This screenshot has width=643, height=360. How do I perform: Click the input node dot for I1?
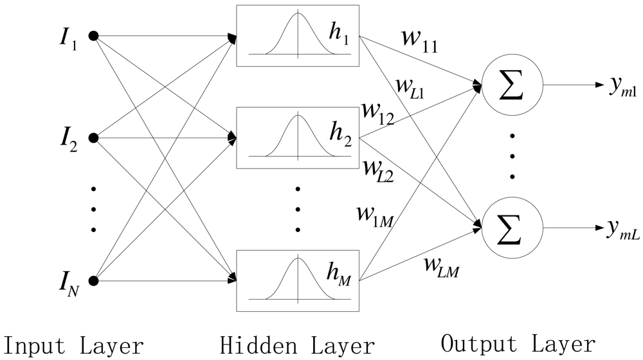[x=93, y=36]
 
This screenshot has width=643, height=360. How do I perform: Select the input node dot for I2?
[x=93, y=138]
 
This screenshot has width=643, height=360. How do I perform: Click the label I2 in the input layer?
[x=69, y=139]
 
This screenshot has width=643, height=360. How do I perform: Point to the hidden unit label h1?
[x=338, y=40]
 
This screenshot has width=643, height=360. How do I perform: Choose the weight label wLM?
[x=440, y=264]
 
